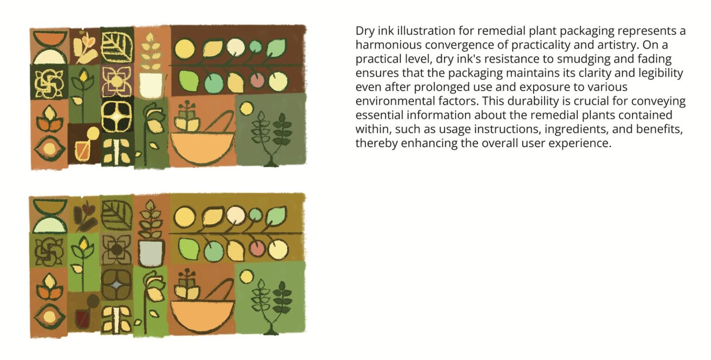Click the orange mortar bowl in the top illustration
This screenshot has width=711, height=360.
coord(202,148)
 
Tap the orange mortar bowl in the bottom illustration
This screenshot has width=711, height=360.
coord(202,316)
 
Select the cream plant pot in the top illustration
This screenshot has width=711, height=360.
coord(151,86)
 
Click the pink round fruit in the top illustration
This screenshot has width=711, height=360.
coord(257,81)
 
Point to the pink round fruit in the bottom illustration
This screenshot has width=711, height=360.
coord(257,248)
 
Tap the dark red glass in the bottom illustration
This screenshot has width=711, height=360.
coord(82,319)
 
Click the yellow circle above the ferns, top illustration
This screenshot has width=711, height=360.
coord(246,109)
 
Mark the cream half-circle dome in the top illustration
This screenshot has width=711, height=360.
coord(50,57)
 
